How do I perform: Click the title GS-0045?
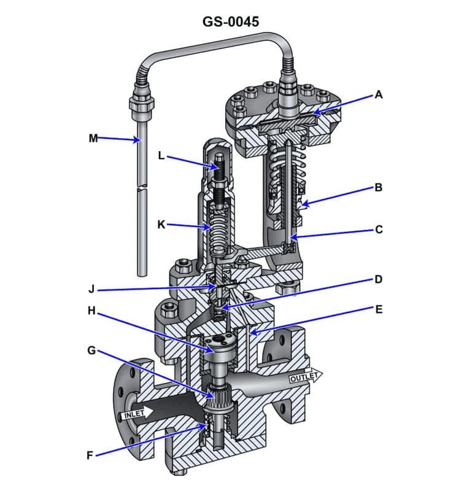(x=231, y=21)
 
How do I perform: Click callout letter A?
(x=379, y=95)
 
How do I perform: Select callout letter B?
(x=379, y=188)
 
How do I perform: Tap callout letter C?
(x=379, y=230)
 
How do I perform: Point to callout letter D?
(x=379, y=279)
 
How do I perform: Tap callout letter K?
(x=161, y=225)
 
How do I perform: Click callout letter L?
(x=161, y=156)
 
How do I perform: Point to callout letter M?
(x=93, y=138)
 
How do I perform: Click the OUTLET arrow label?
(x=304, y=376)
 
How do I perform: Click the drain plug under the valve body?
(x=184, y=472)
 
